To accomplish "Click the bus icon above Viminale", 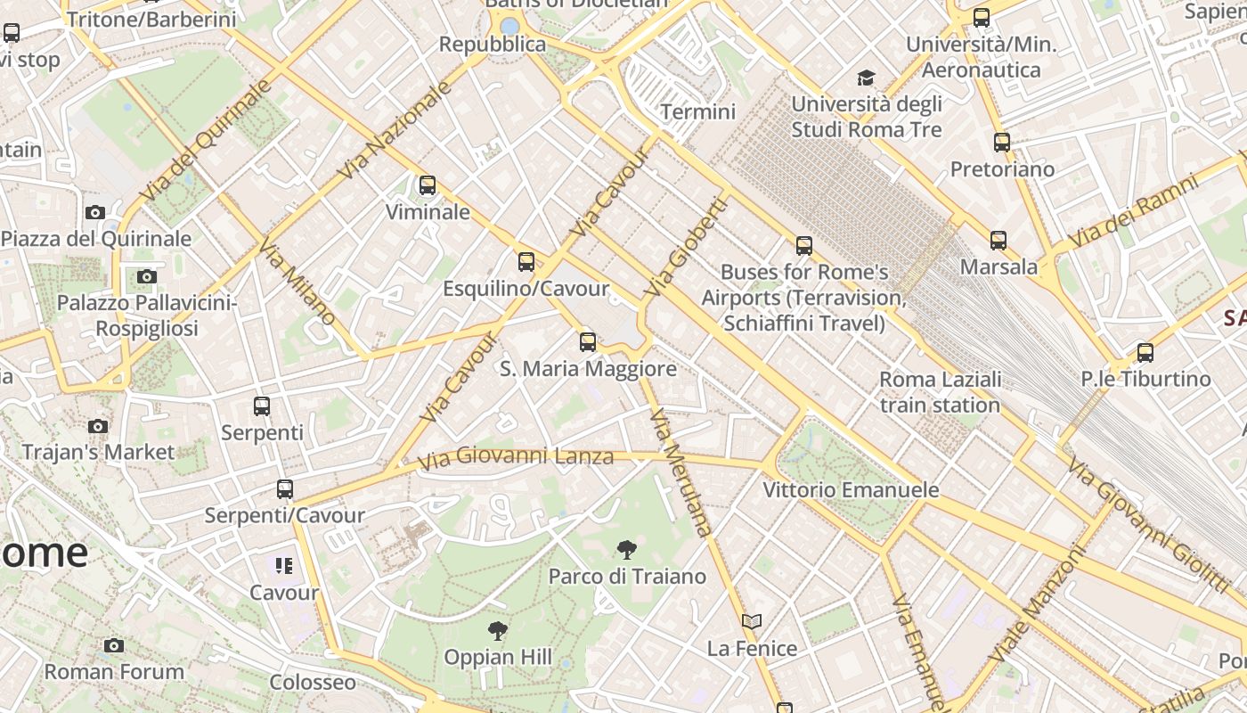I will pos(428,185).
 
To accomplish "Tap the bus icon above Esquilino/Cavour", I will pos(526,261).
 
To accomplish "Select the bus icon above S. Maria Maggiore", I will pos(588,341).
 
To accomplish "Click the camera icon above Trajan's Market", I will pos(99,426).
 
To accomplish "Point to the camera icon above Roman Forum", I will pos(113,645).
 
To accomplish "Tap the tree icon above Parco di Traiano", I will pos(627,549).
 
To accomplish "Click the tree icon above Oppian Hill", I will pos(498,631).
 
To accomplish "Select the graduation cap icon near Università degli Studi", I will pos(866,78).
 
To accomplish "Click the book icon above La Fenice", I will pos(752,621).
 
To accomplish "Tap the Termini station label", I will pos(698,111).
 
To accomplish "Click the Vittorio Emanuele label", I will pos(851,490).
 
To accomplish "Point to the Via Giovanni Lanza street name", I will pos(517,457).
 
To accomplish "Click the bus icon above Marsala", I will pos(998,240).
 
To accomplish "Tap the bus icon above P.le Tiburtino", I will pos(1145,352).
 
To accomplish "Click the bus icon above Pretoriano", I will pos(1002,142).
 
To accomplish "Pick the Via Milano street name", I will pos(298,281).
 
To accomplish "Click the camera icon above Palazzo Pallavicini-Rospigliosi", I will pos(147,276).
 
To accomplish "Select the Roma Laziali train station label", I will pos(940,392).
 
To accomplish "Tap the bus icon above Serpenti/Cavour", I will pos(285,488).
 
